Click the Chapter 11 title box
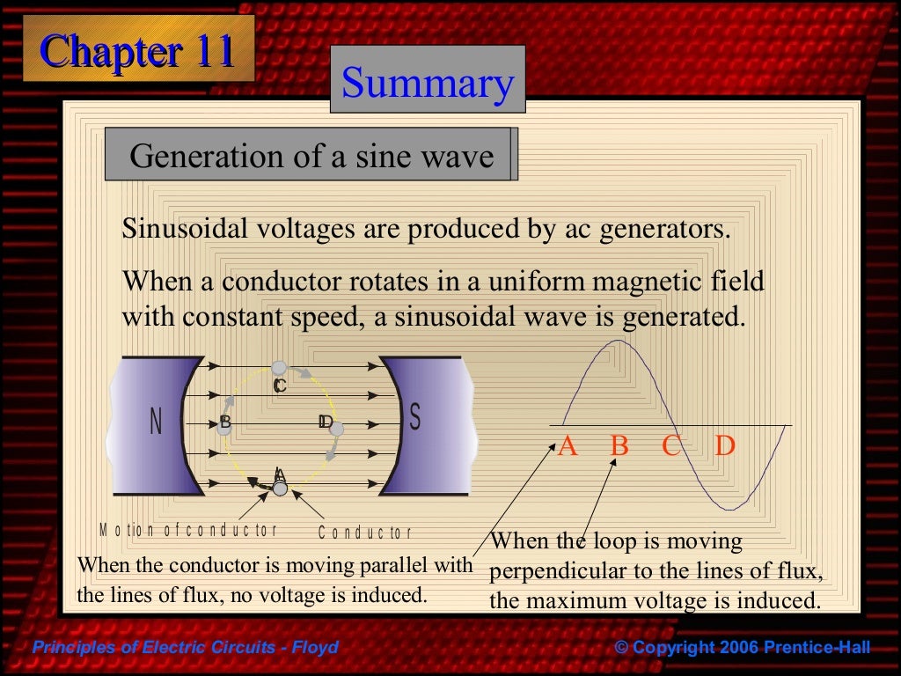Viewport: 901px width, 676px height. click(136, 50)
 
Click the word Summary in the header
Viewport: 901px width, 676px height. click(428, 83)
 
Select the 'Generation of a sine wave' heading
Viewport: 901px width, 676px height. click(311, 156)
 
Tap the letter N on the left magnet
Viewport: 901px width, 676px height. click(156, 422)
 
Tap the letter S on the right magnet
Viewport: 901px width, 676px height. click(415, 418)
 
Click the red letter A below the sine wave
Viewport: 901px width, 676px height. click(568, 446)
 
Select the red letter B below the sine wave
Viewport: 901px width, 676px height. click(619, 446)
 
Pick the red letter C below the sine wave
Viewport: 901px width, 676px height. click(671, 446)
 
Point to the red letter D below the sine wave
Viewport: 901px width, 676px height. click(724, 446)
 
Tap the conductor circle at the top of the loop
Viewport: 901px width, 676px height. click(279, 367)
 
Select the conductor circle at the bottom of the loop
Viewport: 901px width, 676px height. click(280, 488)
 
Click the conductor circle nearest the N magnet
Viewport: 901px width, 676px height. click(223, 429)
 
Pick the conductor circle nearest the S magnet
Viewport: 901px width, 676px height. click(335, 430)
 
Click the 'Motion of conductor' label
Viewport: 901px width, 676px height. click(188, 530)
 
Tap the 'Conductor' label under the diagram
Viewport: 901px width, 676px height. click(364, 532)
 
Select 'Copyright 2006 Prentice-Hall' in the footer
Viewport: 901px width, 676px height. click(742, 648)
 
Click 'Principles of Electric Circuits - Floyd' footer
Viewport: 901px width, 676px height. click(185, 648)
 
